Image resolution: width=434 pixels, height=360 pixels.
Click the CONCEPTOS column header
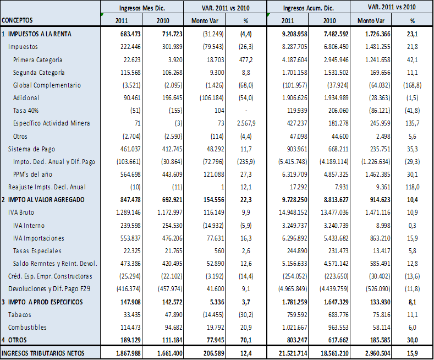(x=17, y=20)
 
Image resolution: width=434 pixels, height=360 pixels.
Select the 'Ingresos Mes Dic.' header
(x=142, y=8)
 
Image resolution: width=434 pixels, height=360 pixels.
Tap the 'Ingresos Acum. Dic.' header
(x=309, y=8)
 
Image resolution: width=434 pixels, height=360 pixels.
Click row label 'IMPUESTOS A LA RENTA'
(x=40, y=34)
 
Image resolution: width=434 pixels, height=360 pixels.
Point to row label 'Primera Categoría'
(x=37, y=60)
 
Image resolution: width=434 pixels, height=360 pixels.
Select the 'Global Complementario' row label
(x=47, y=85)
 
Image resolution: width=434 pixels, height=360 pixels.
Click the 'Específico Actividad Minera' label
(x=52, y=123)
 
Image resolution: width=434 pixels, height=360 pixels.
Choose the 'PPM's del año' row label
(x=32, y=174)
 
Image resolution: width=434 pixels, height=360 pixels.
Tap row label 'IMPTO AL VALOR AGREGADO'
(x=46, y=200)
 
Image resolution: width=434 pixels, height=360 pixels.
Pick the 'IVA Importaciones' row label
(x=39, y=238)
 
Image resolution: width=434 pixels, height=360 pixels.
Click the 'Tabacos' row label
(x=20, y=315)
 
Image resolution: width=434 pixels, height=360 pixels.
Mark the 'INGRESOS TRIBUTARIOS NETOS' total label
(x=43, y=353)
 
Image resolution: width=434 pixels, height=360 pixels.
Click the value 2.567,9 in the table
(x=246, y=123)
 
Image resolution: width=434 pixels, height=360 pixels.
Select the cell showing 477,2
(x=246, y=60)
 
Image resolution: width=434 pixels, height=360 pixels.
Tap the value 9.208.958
(x=294, y=34)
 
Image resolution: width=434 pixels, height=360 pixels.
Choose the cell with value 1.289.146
(x=128, y=212)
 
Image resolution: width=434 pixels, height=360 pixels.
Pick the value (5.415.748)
(x=293, y=162)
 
